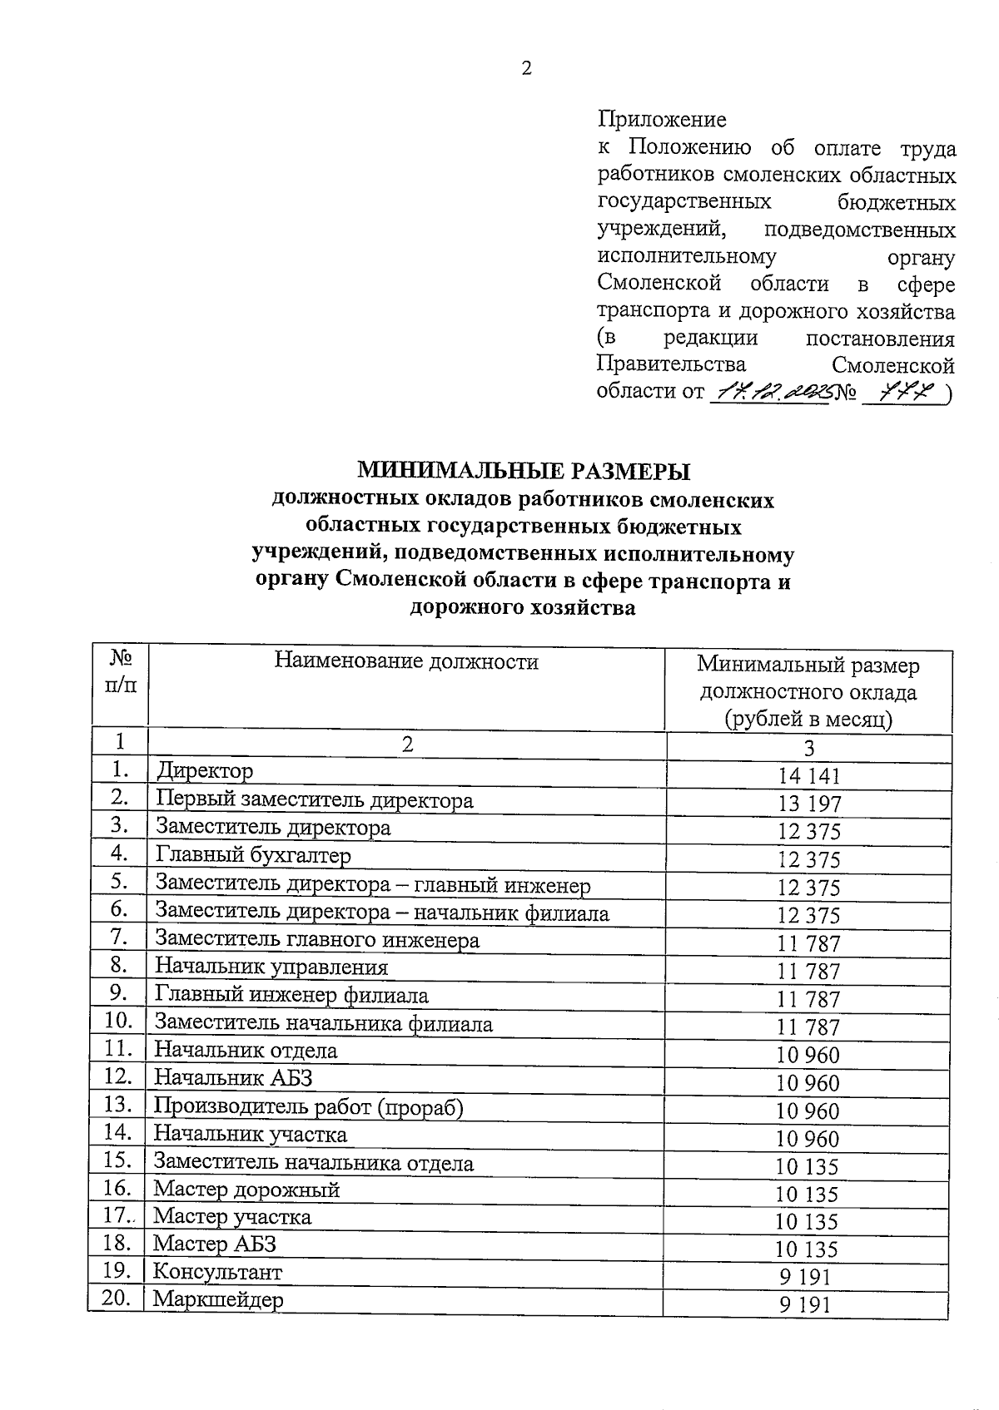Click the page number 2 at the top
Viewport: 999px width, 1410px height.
[x=526, y=69]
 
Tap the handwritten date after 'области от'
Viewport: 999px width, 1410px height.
[x=768, y=392]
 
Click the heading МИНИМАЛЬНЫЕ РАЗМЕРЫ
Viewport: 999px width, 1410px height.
[x=524, y=472]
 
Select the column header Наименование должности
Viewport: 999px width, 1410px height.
[x=406, y=662]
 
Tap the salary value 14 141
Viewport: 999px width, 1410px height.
[x=808, y=777]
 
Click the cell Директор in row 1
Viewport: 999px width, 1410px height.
[x=205, y=771]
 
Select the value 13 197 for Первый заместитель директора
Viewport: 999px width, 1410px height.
[x=808, y=804]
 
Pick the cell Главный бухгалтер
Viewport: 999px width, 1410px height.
[x=253, y=855]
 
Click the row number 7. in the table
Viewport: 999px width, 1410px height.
[x=119, y=938]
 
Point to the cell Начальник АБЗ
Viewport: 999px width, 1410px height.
[x=233, y=1078]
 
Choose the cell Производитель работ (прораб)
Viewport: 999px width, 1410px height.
[x=308, y=1107]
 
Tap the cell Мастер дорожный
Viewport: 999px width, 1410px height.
[x=246, y=1190]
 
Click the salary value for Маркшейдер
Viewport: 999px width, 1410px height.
[x=805, y=1305]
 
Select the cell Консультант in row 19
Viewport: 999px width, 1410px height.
[x=218, y=1273]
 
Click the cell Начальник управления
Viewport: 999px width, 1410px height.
[x=271, y=967]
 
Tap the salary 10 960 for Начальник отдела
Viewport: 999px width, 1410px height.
[x=808, y=1056]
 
